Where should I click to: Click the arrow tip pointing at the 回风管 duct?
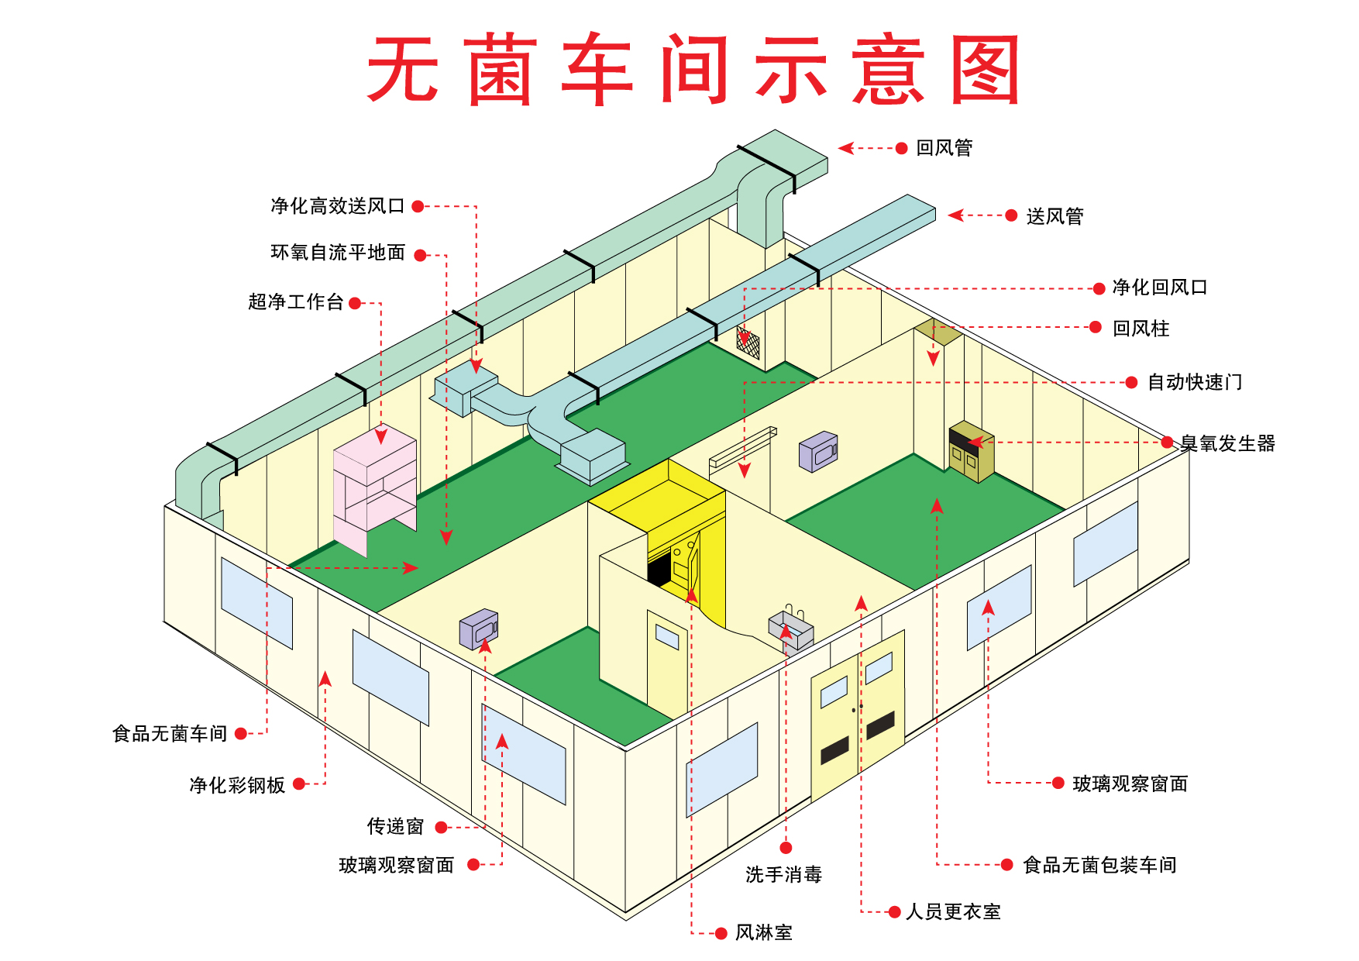coord(839,147)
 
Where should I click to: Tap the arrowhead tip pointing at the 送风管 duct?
coord(949,215)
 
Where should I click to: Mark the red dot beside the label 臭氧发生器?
coord(1168,443)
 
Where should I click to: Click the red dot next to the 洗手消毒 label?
coord(786,847)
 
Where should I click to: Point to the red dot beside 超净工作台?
coord(355,303)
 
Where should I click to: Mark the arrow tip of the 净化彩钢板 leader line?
coord(325,671)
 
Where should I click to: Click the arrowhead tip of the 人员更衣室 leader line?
coord(861,595)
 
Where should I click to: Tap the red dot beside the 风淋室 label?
coord(721,933)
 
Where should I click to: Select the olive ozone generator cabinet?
coord(972,451)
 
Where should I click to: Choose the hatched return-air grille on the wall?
coord(748,342)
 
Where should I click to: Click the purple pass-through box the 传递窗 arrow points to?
coord(479,629)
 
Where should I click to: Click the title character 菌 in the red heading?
coord(503,70)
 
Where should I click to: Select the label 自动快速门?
coord(1195,382)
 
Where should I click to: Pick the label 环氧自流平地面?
coord(338,253)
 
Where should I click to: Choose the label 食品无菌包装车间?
coord(1100,865)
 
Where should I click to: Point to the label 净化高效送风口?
coord(338,206)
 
